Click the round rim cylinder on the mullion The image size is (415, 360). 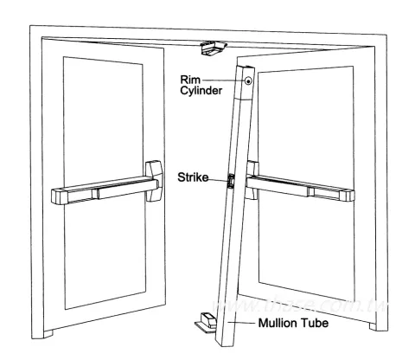tap(249, 82)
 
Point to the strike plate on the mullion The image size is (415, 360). tap(231, 182)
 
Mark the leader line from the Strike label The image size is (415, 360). tap(223, 179)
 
